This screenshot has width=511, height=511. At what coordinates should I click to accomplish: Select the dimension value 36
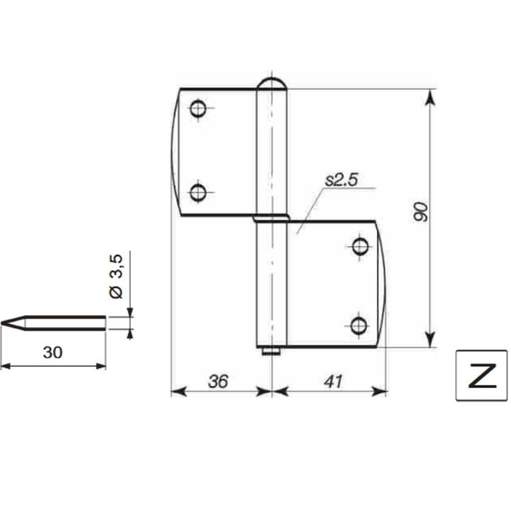click(218, 381)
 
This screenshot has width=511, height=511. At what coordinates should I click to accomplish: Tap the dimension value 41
click(333, 381)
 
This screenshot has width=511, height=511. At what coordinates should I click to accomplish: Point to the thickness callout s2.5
click(341, 180)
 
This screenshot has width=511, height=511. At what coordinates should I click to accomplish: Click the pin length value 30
click(53, 352)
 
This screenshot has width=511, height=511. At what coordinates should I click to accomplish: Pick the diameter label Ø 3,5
click(116, 276)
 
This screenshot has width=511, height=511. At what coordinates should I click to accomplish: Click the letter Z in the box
click(482, 375)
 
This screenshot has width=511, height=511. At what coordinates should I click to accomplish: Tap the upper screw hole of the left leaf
click(198, 109)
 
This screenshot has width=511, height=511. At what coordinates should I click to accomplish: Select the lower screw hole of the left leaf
click(198, 192)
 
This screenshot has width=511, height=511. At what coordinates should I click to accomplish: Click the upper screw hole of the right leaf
click(360, 246)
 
